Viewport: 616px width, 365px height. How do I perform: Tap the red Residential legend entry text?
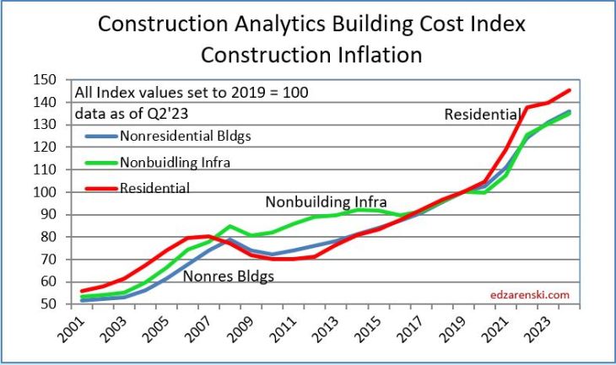coord(155,188)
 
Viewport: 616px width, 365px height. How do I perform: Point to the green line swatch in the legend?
coord(100,161)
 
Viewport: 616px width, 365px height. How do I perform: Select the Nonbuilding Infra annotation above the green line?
coord(326,202)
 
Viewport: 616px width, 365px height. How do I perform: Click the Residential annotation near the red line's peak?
coord(483,114)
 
